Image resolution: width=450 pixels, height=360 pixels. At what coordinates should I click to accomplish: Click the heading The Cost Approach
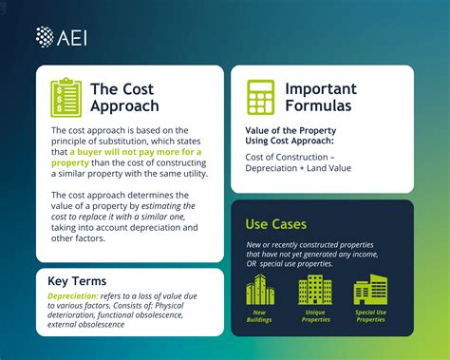(x=124, y=97)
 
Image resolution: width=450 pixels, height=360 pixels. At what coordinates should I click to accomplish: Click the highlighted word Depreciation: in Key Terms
(x=80, y=295)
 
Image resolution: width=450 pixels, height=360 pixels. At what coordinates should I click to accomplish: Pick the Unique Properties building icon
(x=314, y=290)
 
